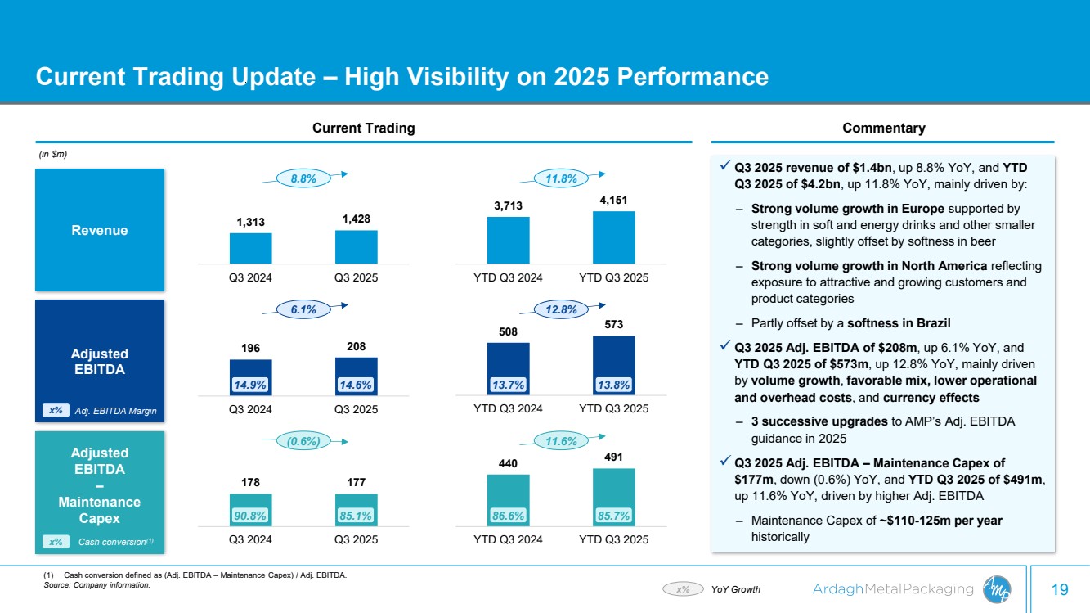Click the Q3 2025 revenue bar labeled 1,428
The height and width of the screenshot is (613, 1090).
click(x=356, y=246)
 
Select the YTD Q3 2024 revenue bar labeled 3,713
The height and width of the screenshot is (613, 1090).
click(x=508, y=240)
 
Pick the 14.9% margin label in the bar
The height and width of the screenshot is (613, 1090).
click(x=250, y=384)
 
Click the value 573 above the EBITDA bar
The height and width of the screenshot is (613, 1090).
click(x=613, y=326)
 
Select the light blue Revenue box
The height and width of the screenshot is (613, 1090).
click(x=100, y=230)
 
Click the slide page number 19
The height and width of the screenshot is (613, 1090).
click(x=1060, y=589)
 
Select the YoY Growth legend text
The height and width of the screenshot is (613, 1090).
click(x=736, y=588)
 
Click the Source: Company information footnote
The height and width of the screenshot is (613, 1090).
click(x=96, y=585)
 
